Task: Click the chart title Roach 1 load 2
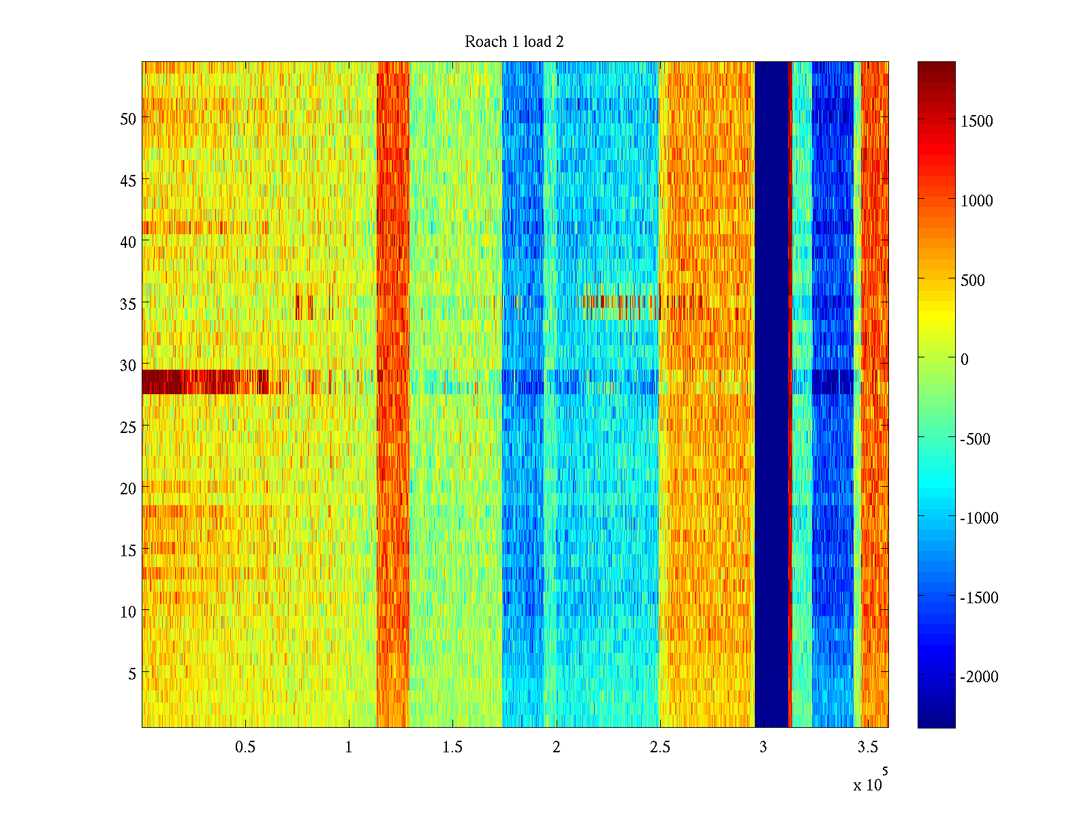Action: [514, 42]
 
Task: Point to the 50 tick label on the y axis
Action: [127, 118]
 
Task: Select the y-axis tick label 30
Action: [127, 366]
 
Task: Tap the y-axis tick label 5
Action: [131, 674]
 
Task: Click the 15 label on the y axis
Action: [127, 551]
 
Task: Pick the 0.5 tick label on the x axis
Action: [245, 748]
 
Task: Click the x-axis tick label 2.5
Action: [659, 748]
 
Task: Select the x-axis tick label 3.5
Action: [867, 748]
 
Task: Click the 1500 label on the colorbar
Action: [976, 121]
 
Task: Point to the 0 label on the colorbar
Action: [964, 359]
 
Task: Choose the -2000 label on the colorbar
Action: [979, 677]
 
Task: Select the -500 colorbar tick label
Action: [975, 439]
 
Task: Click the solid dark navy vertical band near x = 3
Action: [771, 395]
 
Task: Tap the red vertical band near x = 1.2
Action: [393, 395]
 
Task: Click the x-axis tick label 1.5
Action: [452, 748]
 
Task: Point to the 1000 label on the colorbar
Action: [976, 201]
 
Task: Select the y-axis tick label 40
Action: [127, 242]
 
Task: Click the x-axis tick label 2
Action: [556, 748]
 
